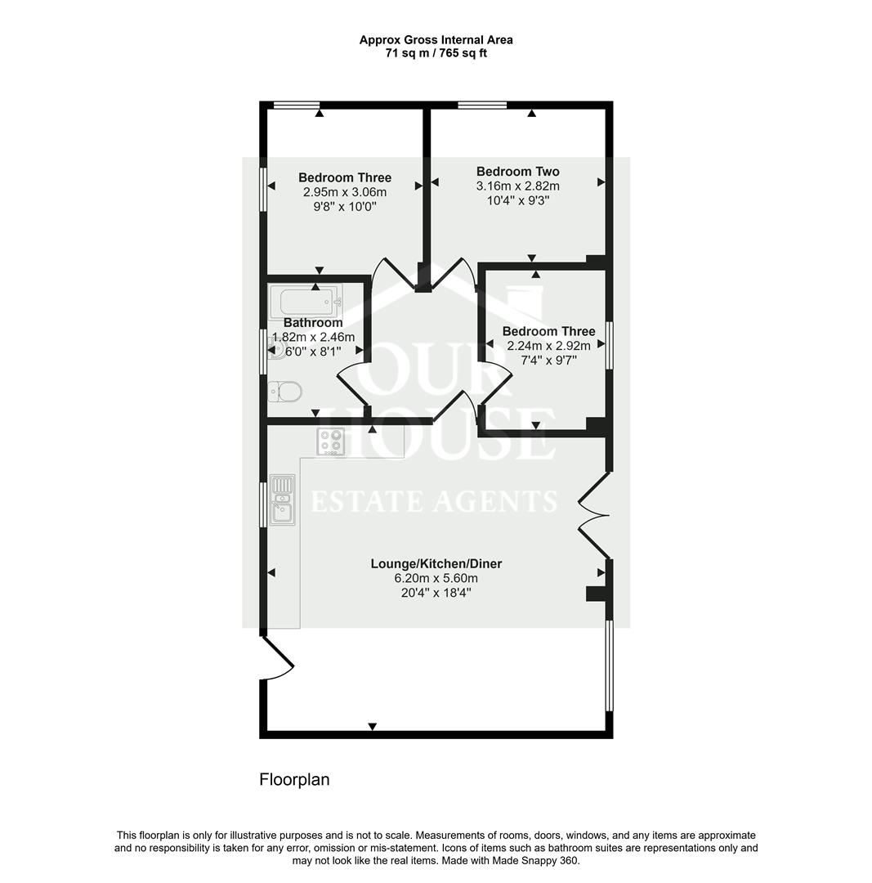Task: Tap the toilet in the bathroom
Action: (x=285, y=392)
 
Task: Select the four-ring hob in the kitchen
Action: (x=331, y=441)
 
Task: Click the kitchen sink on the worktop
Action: (x=282, y=499)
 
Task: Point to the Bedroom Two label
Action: (x=517, y=172)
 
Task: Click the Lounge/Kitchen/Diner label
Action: (x=436, y=564)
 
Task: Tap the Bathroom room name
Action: (x=313, y=323)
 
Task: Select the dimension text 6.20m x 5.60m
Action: (x=436, y=578)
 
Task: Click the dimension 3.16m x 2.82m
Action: (x=517, y=186)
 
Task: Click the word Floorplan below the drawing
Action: (x=294, y=779)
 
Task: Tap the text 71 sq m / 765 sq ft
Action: (x=436, y=53)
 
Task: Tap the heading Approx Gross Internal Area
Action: (x=436, y=39)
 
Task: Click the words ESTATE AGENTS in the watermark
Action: (x=436, y=500)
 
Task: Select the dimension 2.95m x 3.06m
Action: (x=344, y=192)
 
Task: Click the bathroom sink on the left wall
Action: (x=274, y=350)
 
